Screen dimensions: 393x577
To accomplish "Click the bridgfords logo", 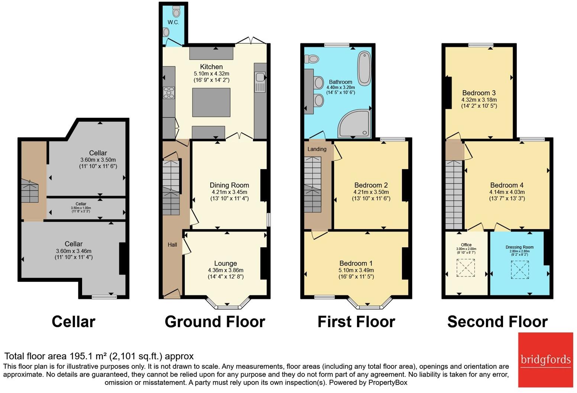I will [545, 360].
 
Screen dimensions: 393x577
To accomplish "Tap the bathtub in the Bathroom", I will [364, 69].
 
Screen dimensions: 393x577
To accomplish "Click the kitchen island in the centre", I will [211, 102].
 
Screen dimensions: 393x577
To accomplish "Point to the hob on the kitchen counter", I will [169, 92].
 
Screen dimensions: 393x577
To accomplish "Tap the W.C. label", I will [173, 22].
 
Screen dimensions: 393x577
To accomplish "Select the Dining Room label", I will [229, 185].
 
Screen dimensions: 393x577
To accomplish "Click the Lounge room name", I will [226, 263].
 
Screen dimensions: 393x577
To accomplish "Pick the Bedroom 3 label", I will [479, 93].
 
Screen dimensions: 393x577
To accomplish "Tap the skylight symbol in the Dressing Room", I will [520, 270].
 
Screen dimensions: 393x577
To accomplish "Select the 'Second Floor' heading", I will [497, 322].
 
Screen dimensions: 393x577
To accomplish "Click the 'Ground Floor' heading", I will [215, 322].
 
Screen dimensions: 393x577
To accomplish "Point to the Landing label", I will [317, 149].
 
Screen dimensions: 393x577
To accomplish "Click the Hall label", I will [172, 244].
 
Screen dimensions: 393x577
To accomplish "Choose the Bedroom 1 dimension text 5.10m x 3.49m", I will [356, 270].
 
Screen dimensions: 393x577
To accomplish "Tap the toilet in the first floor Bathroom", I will [312, 59].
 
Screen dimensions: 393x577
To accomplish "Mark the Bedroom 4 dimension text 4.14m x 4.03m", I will [507, 192].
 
